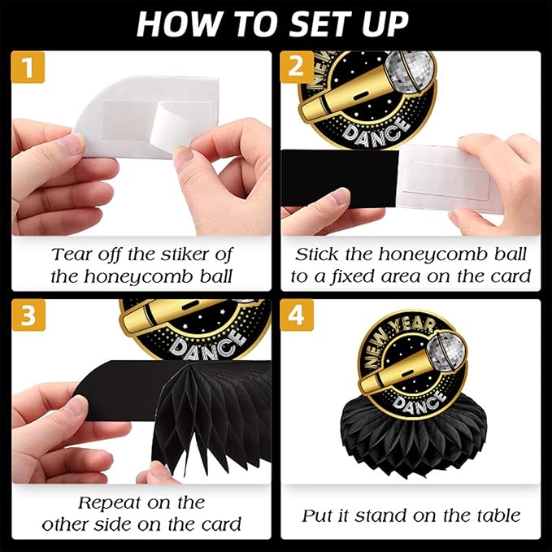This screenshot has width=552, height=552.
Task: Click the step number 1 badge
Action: point(28,67)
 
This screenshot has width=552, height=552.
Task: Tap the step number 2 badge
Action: point(297,67)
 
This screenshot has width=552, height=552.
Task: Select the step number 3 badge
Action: point(28,315)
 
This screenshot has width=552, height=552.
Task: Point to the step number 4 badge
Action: point(297,315)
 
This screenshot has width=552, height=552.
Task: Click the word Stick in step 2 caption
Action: point(318,254)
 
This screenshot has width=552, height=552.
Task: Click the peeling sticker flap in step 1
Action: point(167,128)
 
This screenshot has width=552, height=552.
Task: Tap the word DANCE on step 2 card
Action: point(376,132)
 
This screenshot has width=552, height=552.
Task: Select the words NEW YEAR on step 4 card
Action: point(394,338)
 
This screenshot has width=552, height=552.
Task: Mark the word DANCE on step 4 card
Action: point(418,402)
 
